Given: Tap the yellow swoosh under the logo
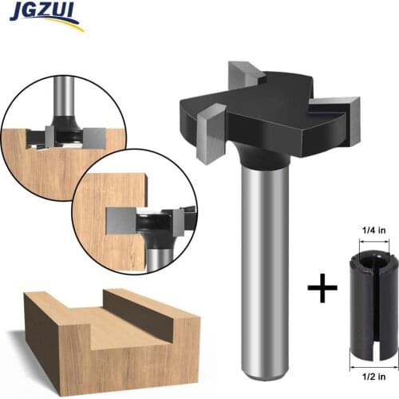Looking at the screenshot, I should tap(48, 26).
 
